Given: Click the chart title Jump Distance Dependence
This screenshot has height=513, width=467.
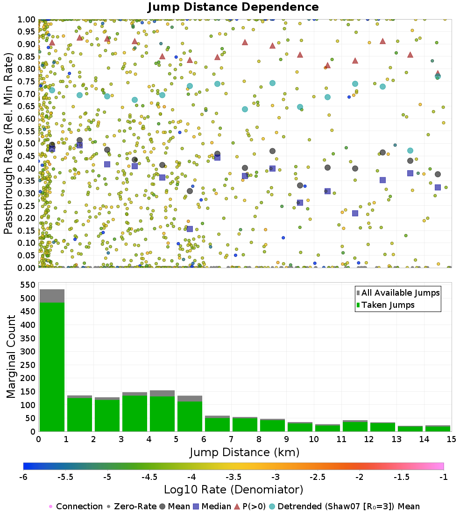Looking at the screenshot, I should tap(233, 7).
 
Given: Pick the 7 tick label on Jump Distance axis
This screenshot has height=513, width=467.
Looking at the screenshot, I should tap(231, 439).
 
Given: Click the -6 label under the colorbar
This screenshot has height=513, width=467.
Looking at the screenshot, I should tap(23, 478).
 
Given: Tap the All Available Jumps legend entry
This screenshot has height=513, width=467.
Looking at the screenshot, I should tap(400, 293).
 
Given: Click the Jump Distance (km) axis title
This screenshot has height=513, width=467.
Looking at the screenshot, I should tap(244, 452).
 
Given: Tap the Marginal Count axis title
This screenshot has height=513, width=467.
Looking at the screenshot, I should tap(11, 357).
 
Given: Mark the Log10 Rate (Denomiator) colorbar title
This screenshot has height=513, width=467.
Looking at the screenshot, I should tap(233, 490).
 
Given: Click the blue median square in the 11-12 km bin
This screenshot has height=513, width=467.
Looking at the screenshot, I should tap(355, 213).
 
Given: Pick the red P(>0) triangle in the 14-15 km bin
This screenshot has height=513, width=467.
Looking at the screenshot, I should tap(438, 74).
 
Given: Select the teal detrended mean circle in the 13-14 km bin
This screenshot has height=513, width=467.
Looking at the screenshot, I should tap(410, 151).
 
